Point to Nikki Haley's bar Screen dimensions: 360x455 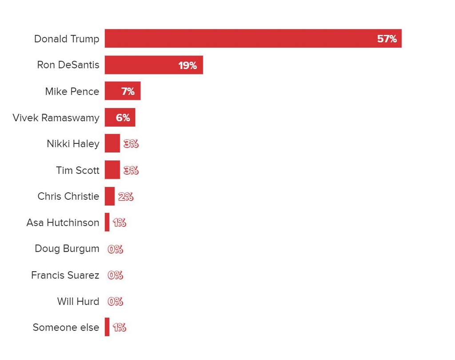coord(112,143)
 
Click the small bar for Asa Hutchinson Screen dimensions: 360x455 coord(107,222)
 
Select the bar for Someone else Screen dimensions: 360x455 coord(107,327)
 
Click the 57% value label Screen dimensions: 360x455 coord(387,39)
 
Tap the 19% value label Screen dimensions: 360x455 coord(188,66)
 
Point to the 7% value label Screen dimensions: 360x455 coord(128,92)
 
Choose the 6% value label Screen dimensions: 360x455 coord(123,118)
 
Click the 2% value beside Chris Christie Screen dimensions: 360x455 coord(126,197)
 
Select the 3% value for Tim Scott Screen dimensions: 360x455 coord(131,170)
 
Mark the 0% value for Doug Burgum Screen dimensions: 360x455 coord(116,249)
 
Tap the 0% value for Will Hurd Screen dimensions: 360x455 coord(116,302)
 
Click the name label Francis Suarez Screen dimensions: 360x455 coord(65,275)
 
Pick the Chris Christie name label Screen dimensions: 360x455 coord(68,196)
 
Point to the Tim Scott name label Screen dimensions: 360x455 coord(78,170)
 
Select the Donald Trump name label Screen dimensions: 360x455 coord(67,39)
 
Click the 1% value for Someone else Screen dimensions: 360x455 coord(120,328)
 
